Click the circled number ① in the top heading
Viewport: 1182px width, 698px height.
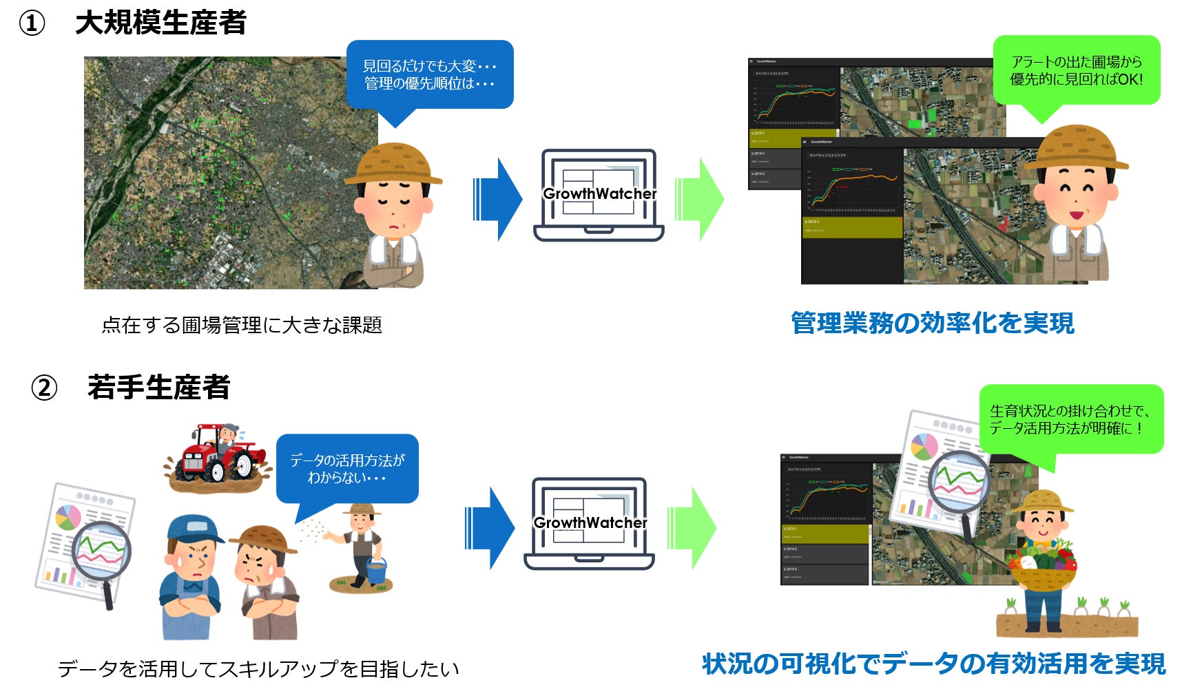31,23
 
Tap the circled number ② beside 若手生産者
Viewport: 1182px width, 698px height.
44,388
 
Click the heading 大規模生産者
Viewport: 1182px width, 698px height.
160,23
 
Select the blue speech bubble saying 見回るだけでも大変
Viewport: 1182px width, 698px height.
429,74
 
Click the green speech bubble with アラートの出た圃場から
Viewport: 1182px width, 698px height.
1076,70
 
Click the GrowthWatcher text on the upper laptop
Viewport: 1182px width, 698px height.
599,194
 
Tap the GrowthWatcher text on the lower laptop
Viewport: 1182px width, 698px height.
590,523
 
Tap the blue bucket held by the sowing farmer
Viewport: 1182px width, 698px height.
376,571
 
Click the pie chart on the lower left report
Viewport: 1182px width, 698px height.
68,516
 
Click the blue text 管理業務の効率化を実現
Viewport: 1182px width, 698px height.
932,323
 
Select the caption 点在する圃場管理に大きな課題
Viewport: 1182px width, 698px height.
242,325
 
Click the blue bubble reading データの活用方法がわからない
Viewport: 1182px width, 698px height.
347,468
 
